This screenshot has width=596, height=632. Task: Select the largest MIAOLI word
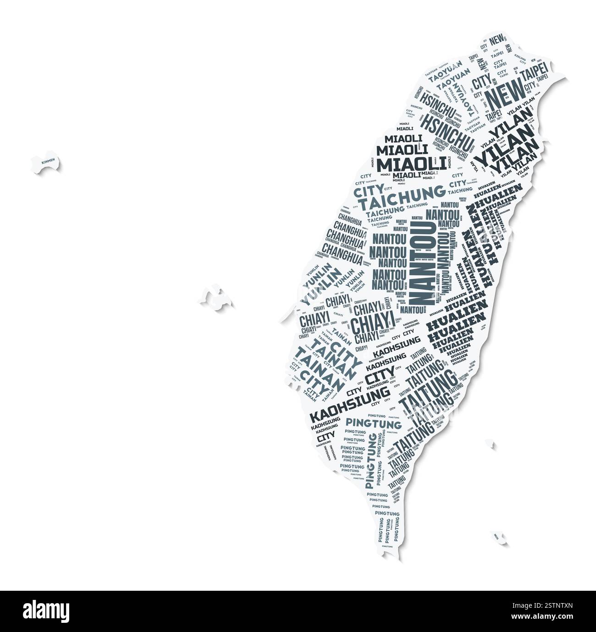point(411,164)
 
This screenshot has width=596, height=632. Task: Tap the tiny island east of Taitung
point(491,444)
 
